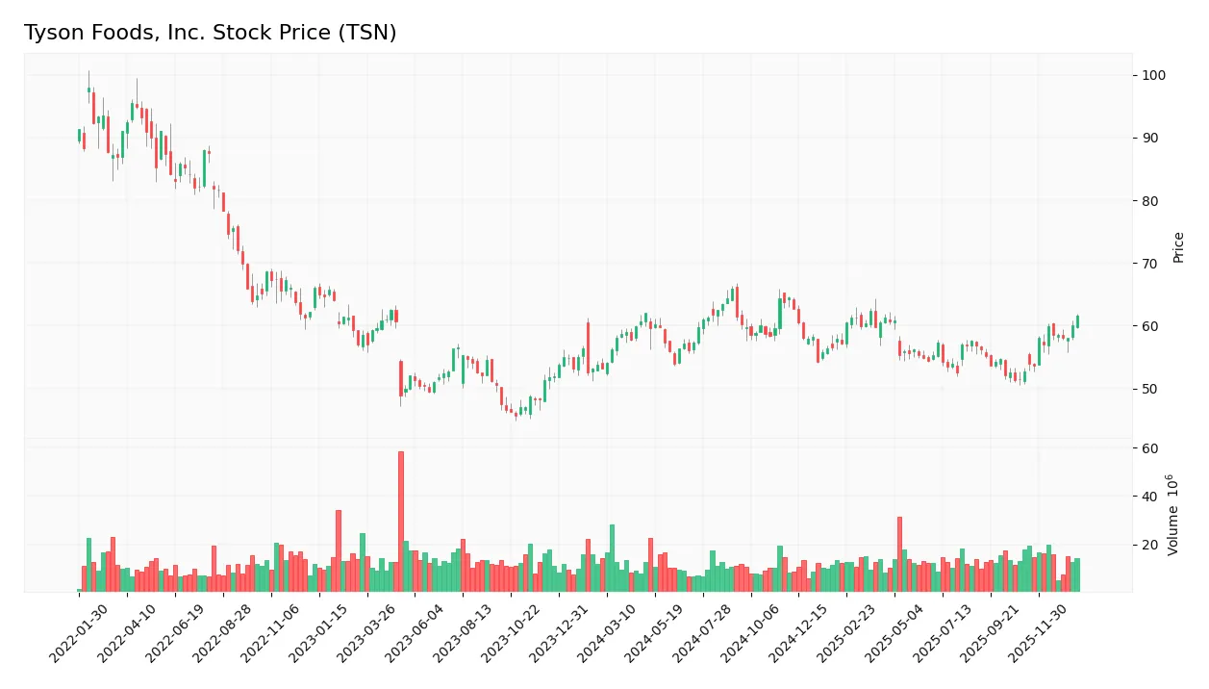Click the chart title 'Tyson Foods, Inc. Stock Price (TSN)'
point(210,33)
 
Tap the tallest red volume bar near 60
point(401,521)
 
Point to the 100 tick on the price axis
point(1154,75)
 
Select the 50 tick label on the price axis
point(1150,389)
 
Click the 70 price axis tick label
point(1150,264)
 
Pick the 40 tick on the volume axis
point(1150,497)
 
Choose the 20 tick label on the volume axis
point(1150,545)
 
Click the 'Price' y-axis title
point(1178,247)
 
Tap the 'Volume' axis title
point(1173,515)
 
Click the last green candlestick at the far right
point(1077,321)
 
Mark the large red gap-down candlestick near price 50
point(401,378)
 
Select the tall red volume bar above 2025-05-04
point(899,553)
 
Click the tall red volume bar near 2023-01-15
point(339,550)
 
